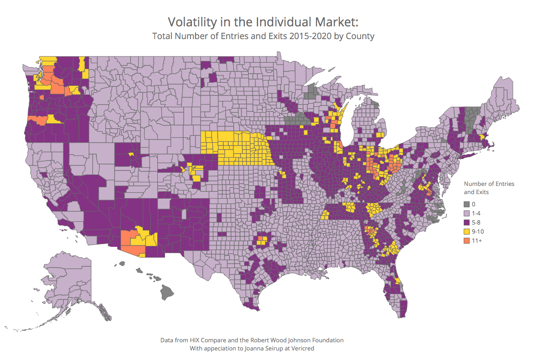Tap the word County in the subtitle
click(359, 36)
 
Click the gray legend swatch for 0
click(467, 204)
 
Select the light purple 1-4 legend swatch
click(467, 213)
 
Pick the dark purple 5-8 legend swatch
click(467, 222)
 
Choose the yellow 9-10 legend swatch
click(467, 231)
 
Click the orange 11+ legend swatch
click(467, 240)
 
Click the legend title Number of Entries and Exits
click(489, 188)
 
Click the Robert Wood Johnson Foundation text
click(300, 340)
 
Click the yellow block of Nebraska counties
click(236, 148)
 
